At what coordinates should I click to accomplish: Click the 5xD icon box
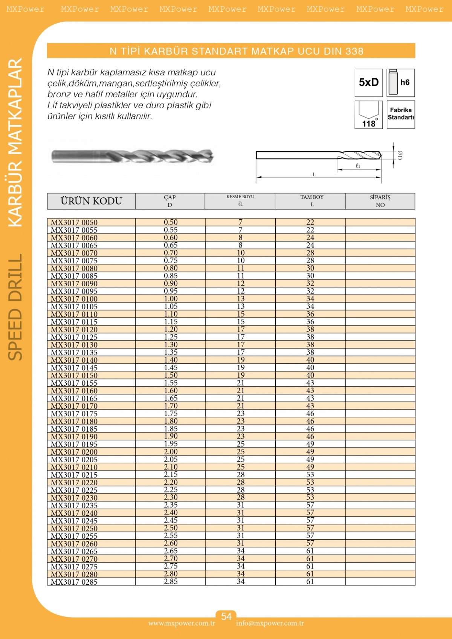(x=368, y=83)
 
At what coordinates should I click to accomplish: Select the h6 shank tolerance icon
(x=401, y=83)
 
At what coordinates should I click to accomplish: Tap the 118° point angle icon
(x=368, y=115)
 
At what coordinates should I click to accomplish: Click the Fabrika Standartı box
(x=401, y=114)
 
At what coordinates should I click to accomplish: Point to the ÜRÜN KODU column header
(x=91, y=201)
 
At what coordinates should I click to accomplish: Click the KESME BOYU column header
(x=240, y=201)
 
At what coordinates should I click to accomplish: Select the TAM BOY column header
(x=312, y=201)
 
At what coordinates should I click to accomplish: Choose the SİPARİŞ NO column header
(x=380, y=201)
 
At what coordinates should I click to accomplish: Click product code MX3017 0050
(x=74, y=223)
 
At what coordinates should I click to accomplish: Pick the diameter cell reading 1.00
(x=171, y=299)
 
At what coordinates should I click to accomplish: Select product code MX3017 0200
(x=74, y=452)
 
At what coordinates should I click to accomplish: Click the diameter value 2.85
(x=171, y=581)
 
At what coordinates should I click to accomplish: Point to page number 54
(x=226, y=616)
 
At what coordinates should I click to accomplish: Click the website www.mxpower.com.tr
(x=182, y=623)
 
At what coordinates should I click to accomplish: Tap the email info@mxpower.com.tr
(x=270, y=623)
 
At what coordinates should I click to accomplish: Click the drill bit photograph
(x=133, y=156)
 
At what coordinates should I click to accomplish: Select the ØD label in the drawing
(x=400, y=155)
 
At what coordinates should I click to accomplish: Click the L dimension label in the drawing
(x=314, y=174)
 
